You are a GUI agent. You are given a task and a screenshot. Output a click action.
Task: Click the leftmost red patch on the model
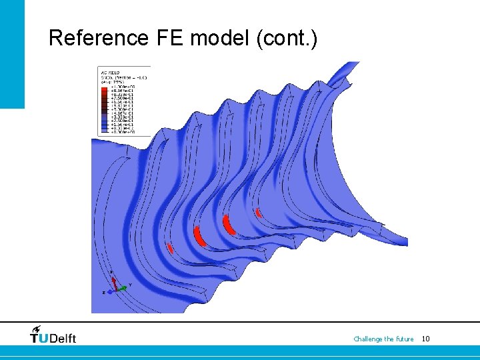(171, 249)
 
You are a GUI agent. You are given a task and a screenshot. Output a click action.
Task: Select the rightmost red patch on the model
(259, 213)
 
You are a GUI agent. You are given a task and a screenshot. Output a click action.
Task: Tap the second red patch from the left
(198, 236)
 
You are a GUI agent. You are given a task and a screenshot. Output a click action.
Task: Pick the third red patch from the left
(229, 224)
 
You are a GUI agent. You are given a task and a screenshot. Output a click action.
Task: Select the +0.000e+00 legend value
(120, 132)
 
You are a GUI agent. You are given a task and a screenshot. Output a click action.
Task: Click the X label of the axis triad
(111, 273)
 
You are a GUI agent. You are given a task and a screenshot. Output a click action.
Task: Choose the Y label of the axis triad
(129, 285)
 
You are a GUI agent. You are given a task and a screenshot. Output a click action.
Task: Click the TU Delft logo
(53, 337)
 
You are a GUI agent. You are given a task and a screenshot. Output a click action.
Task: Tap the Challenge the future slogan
(383, 339)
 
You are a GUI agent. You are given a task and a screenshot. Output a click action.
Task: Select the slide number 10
(426, 339)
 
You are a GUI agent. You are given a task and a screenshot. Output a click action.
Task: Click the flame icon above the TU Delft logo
(36, 329)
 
